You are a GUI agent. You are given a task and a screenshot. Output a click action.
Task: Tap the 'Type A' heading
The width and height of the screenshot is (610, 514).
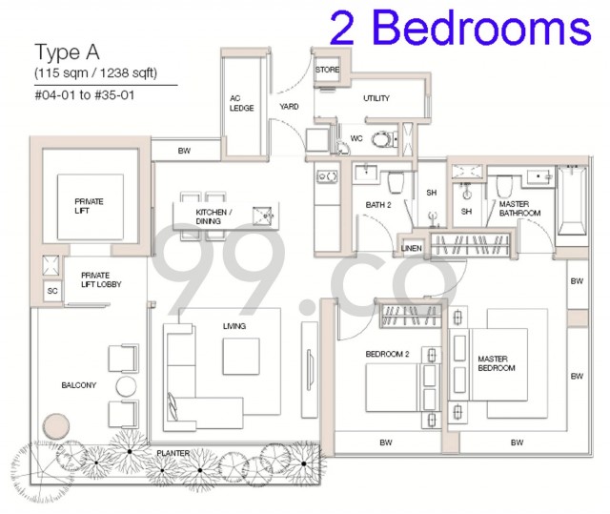[x=67, y=51]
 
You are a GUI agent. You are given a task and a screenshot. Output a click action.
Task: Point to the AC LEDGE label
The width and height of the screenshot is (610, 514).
[x=240, y=103]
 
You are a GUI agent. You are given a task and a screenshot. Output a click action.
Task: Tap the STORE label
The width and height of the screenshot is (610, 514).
[x=328, y=70]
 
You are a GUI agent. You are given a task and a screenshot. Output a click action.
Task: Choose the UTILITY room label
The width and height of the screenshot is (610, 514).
[x=376, y=98]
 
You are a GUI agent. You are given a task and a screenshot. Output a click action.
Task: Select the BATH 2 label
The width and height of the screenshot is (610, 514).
[x=378, y=205]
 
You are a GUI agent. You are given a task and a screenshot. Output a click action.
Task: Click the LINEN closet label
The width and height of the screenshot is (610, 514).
[x=412, y=248]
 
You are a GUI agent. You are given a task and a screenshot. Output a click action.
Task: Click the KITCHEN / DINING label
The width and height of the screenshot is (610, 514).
[x=209, y=216]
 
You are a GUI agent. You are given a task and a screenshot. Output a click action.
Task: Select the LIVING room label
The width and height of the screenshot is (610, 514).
[x=234, y=326]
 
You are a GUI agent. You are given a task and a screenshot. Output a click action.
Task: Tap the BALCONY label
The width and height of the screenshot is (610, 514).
[x=78, y=385]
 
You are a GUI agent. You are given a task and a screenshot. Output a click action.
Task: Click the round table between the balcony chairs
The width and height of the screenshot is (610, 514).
[x=127, y=385]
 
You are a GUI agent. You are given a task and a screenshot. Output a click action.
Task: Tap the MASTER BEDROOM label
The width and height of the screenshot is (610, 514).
[x=497, y=363]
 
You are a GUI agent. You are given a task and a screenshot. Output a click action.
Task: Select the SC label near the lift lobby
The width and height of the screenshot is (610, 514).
[x=51, y=291]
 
